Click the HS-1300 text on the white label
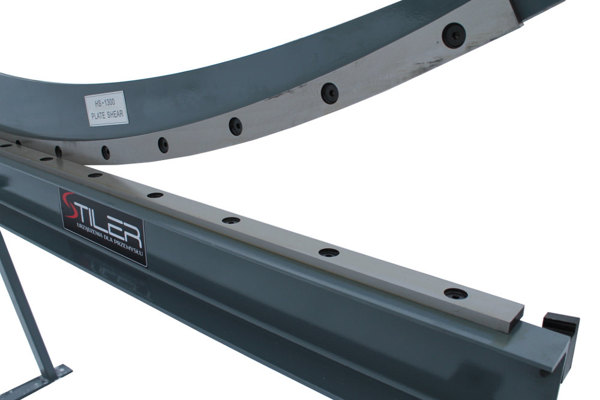105,103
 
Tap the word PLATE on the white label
99,116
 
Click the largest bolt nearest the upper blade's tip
454,35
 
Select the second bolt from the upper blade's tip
329,93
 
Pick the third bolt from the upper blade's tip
236,126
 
